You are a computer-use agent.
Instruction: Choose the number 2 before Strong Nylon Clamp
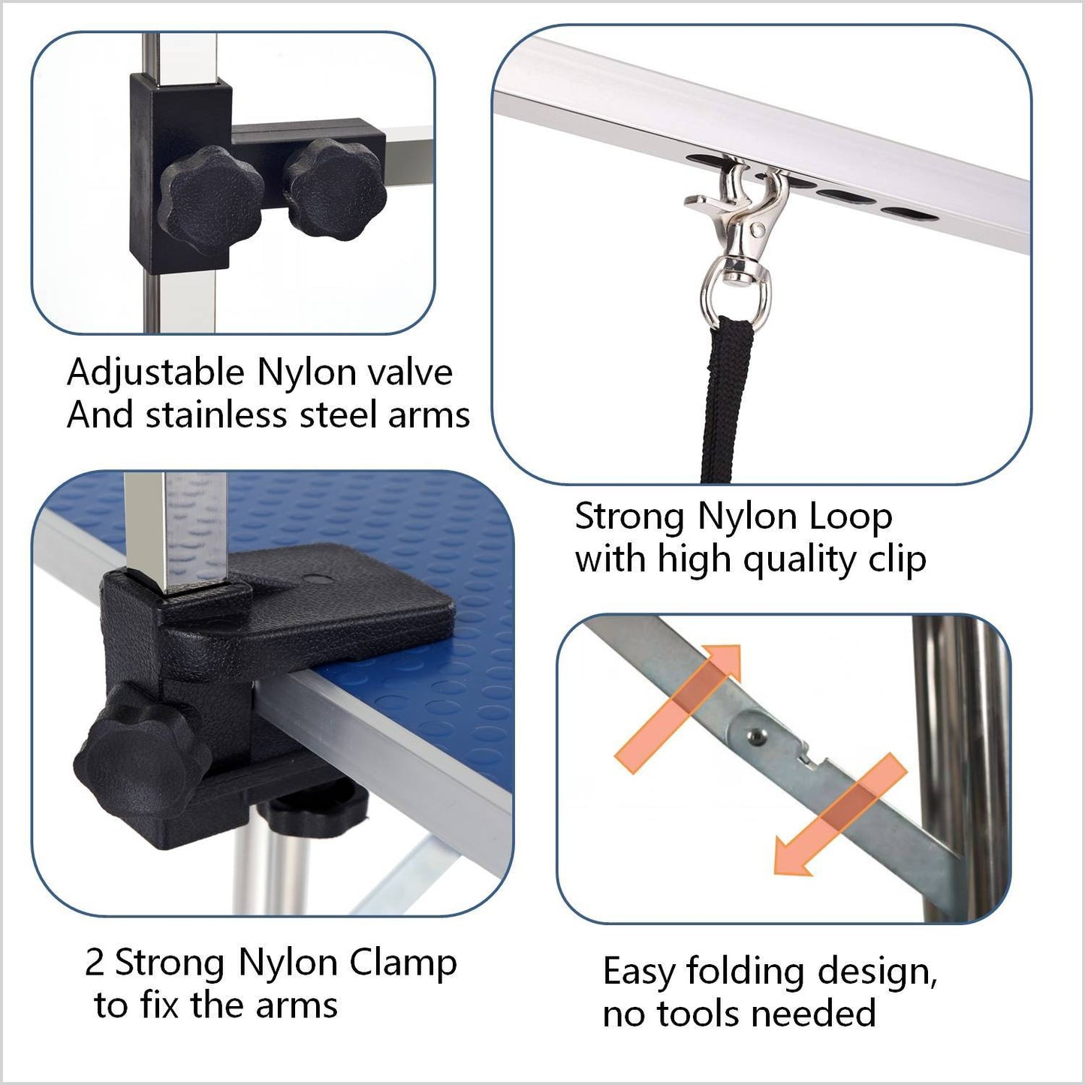click(95, 963)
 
